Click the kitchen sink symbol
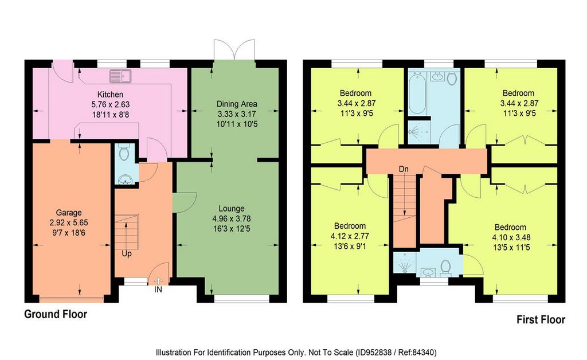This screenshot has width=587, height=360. coord(120,76)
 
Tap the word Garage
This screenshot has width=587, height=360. coord(69,213)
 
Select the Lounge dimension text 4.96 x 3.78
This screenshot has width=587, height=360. coord(232,218)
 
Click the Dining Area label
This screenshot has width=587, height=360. coord(237,104)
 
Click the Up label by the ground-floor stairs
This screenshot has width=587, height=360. coord(127,254)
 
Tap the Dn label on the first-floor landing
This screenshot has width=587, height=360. coord(404,169)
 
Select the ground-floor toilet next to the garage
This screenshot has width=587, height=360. coord(124,152)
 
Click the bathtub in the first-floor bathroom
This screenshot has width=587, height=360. coord(417,95)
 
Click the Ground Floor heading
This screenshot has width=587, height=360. coord(56,314)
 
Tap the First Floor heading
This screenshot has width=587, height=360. coord(541,319)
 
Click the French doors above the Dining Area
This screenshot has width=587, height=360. coord(234,49)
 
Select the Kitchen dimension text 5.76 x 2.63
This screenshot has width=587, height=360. coord(111,104)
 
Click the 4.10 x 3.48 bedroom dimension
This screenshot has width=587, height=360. coord(511,237)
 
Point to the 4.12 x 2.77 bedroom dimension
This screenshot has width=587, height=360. coord(350,236)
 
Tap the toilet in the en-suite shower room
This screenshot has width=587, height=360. coord(445,267)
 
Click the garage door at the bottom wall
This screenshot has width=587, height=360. coord(71,298)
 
